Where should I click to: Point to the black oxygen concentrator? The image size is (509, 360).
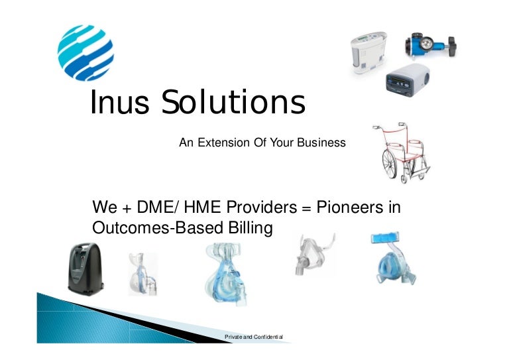click(x=85, y=269)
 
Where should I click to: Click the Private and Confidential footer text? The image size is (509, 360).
click(x=254, y=337)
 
